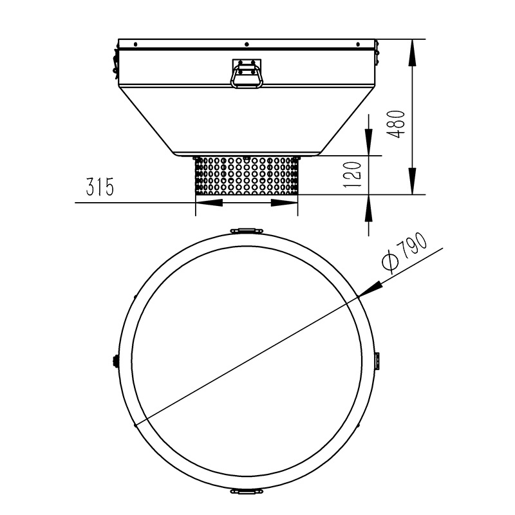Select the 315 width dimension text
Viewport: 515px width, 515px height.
point(100,188)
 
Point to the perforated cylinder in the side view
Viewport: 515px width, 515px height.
point(247,175)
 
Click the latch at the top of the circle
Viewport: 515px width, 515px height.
point(247,231)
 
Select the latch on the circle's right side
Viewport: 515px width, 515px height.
point(378,361)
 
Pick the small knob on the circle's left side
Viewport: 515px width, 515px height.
point(116,361)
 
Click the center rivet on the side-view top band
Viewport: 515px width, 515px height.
point(247,44)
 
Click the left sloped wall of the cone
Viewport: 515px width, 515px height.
point(145,122)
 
